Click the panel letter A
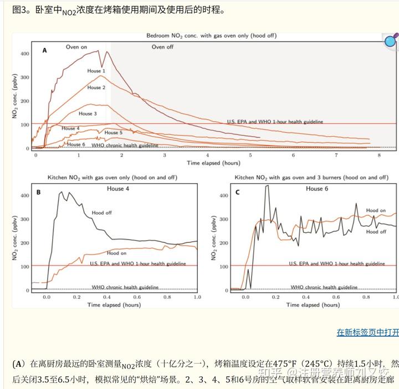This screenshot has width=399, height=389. pos(45,50)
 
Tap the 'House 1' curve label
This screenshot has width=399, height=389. pos(96,71)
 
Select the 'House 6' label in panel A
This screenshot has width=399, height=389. pos(75,144)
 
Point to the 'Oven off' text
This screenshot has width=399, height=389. pos(162,47)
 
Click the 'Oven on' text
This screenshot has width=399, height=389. pos(76,47)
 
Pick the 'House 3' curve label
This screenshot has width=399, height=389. pos(88,113)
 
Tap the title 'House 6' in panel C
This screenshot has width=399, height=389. pos(314,189)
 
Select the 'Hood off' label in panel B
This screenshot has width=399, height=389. pos(102,212)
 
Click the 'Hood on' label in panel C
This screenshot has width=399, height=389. pos(376,210)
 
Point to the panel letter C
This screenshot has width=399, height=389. pos(237,192)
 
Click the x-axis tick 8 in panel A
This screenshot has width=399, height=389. pos(380,156)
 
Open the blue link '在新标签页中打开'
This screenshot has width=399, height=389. pos(367,332)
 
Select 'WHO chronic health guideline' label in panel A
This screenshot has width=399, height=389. pos(125,146)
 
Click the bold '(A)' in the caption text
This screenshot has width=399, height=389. pos(19,364)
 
